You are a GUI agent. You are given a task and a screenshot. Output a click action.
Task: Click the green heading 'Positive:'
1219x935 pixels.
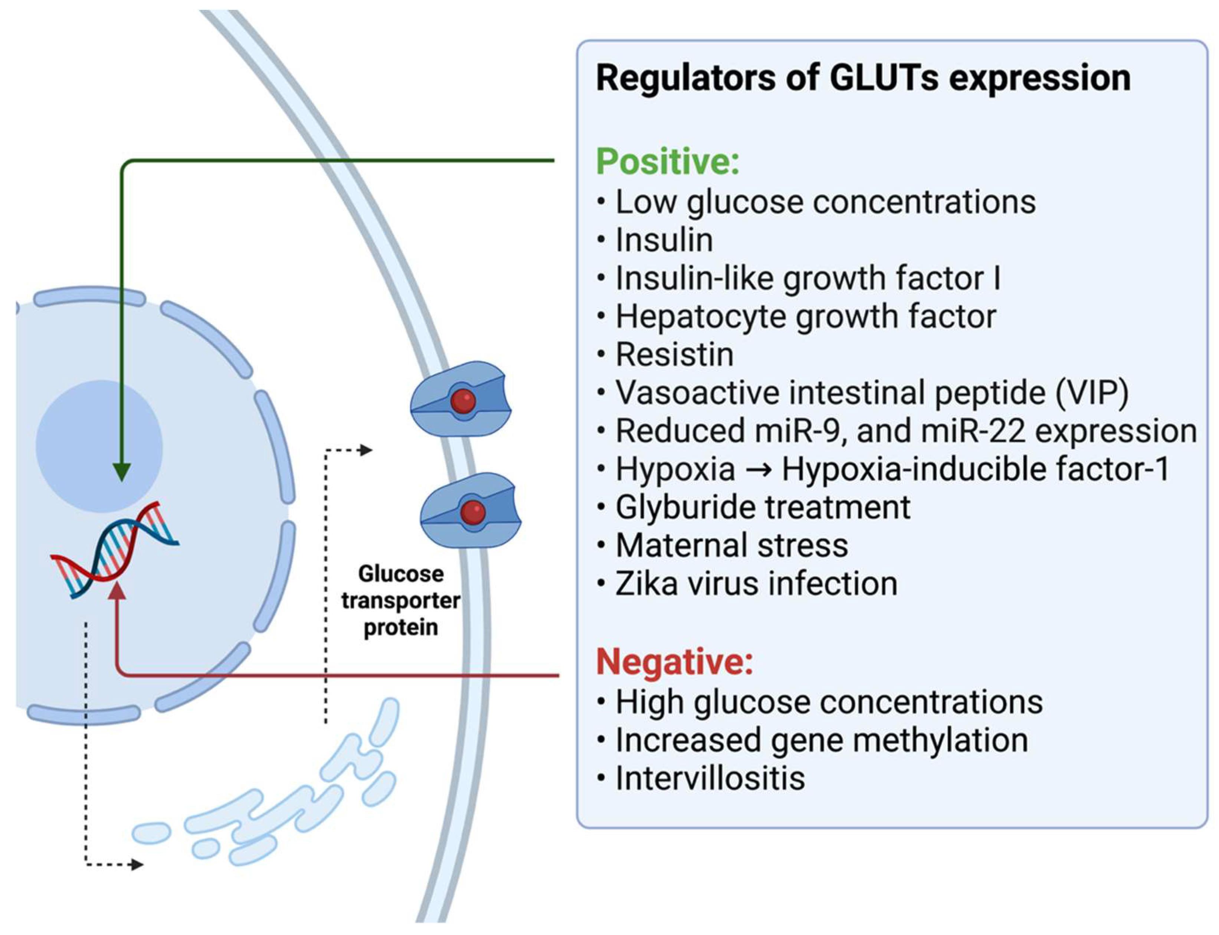[667, 162]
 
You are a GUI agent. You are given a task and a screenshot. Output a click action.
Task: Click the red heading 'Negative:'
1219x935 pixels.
[674, 662]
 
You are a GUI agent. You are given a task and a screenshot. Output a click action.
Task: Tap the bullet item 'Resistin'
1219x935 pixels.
[674, 355]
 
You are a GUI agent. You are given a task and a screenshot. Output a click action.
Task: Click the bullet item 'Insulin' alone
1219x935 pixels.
[664, 240]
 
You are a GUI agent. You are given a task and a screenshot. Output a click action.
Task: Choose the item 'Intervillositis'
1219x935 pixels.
[710, 778]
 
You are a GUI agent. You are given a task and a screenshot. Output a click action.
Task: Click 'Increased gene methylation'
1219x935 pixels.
[821, 740]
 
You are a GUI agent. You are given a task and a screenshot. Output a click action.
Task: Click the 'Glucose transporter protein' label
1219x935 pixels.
[400, 600]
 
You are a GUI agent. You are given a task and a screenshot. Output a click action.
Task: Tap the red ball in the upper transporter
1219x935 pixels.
[463, 400]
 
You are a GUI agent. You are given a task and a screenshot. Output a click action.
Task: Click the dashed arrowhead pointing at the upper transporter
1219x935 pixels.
[366, 450]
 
